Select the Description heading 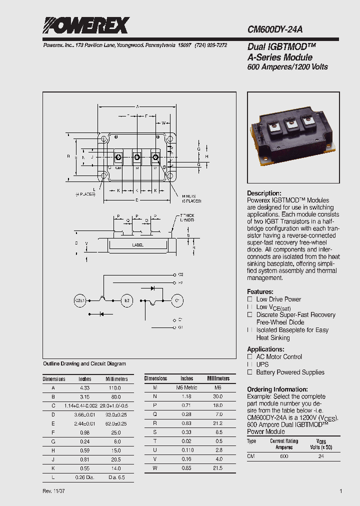pyautogui.click(x=264, y=193)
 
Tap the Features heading pyautogui.click(x=260, y=291)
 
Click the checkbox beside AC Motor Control pyautogui.click(x=250, y=356)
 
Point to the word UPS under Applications pyautogui.click(x=262, y=364)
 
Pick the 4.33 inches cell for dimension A pyautogui.click(x=85, y=387)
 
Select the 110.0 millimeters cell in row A pyautogui.click(x=116, y=387)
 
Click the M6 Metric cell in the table pyautogui.click(x=186, y=387)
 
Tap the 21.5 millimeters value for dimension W pyautogui.click(x=218, y=467)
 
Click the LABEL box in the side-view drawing pyautogui.click(x=138, y=245)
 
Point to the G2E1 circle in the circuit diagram pyautogui.click(x=81, y=300)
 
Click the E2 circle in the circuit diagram pyautogui.click(x=127, y=300)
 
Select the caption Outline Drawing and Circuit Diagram pyautogui.click(x=84, y=363)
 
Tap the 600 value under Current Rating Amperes pyautogui.click(x=284, y=456)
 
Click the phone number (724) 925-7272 pyautogui.click(x=210, y=45)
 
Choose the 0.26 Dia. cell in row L pyautogui.click(x=85, y=477)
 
